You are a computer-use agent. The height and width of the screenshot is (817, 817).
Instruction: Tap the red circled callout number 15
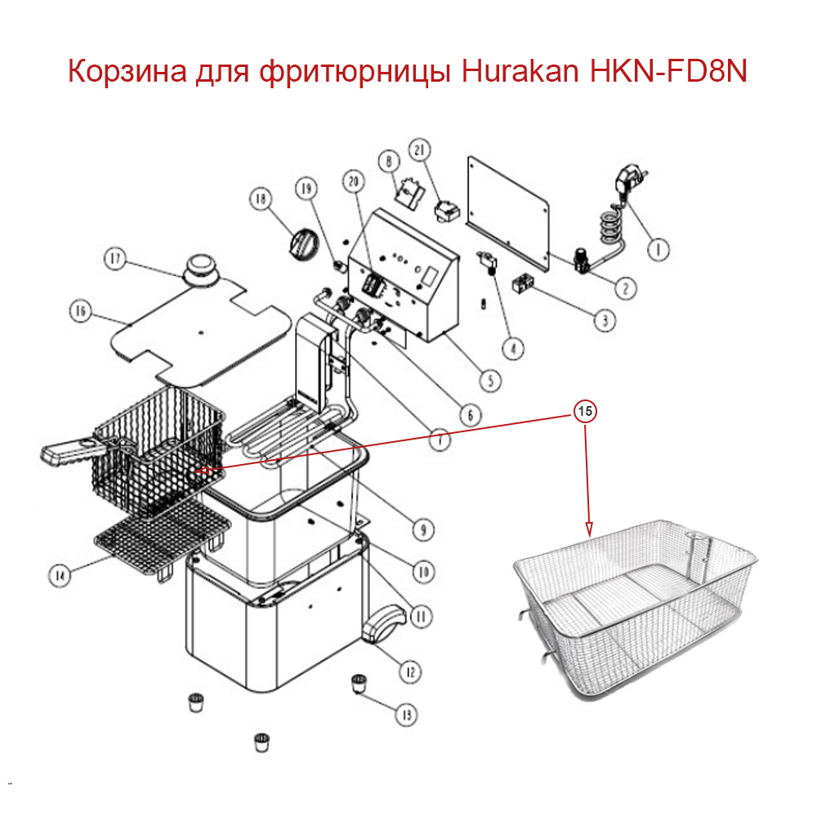coord(585,412)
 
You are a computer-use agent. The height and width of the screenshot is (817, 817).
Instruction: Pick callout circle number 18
coord(261,199)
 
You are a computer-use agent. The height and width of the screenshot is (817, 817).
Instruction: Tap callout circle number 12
coord(409,672)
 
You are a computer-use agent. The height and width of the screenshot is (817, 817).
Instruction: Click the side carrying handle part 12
coord(382,627)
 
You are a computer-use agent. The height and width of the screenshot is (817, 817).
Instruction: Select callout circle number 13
coord(406,715)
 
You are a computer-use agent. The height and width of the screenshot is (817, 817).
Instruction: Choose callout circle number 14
coord(58,575)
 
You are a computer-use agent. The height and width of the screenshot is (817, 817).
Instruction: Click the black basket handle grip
coord(69,453)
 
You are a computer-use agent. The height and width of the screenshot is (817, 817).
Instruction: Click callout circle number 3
coord(604,320)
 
